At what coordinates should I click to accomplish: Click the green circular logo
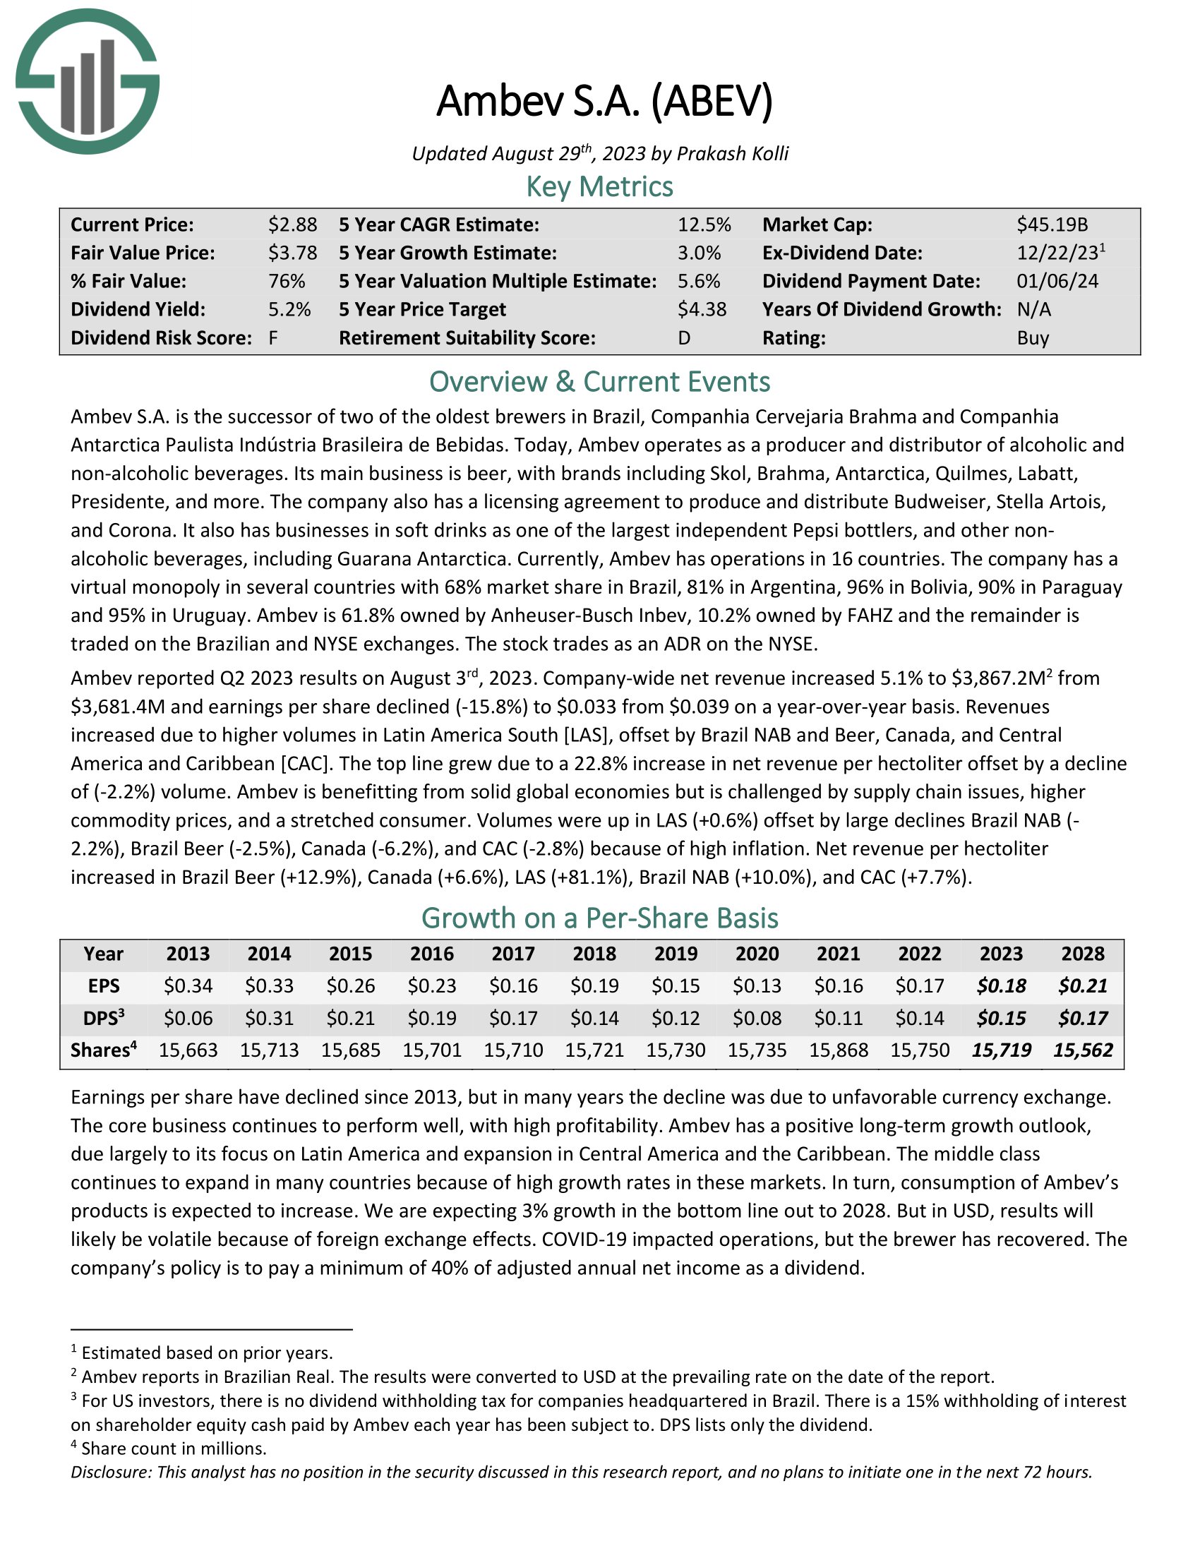pos(88,81)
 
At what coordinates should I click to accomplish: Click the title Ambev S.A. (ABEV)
pos(604,101)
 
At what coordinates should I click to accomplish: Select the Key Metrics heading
pos(599,187)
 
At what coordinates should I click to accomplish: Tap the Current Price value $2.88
pos(292,224)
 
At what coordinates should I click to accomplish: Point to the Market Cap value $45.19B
pos(1052,224)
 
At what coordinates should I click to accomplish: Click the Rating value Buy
pos(1032,337)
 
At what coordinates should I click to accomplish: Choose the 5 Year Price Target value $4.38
pos(702,309)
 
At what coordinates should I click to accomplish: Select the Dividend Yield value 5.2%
pos(289,309)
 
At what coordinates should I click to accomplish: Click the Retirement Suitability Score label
pos(467,337)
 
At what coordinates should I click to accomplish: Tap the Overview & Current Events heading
pos(599,382)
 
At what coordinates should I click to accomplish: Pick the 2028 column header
pos(1083,954)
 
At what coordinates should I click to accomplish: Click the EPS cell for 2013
pos(188,985)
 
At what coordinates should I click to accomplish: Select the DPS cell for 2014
pos(269,1018)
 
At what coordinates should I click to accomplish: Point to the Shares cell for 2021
pos(838,1050)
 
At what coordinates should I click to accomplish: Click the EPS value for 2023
pos(1001,985)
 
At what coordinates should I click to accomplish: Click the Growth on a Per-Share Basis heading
pos(599,918)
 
